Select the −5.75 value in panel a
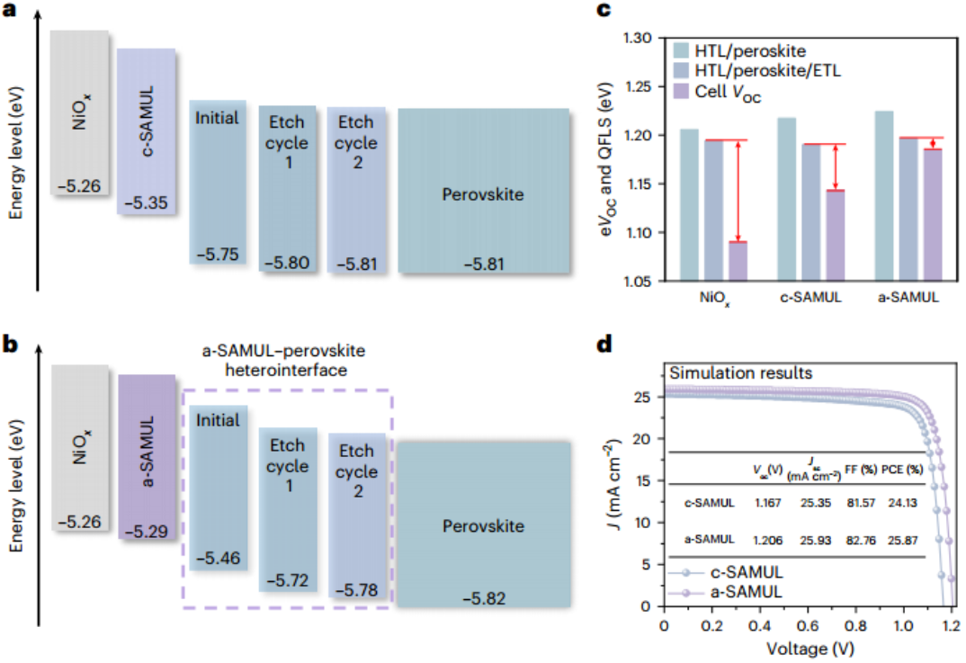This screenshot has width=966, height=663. click(216, 255)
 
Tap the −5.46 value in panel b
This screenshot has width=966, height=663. click(216, 558)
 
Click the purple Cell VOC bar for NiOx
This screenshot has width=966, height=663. click(738, 262)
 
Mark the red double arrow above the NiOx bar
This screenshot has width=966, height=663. click(738, 191)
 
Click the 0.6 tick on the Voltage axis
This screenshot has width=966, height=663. click(807, 624)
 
